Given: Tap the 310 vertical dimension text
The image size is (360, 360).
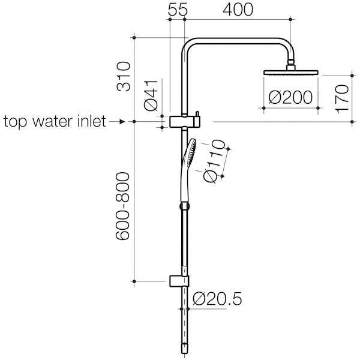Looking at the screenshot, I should [124, 76].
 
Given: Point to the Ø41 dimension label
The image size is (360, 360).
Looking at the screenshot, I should [152, 96].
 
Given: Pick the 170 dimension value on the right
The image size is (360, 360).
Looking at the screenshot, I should [341, 100].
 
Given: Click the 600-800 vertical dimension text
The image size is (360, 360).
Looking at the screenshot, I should [124, 207].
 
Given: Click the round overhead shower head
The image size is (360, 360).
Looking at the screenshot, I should [291, 73].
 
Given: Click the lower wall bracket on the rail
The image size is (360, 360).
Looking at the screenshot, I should [179, 281].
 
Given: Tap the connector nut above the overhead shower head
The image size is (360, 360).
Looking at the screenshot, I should [292, 62].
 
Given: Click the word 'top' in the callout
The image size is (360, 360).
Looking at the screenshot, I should [17, 122].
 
